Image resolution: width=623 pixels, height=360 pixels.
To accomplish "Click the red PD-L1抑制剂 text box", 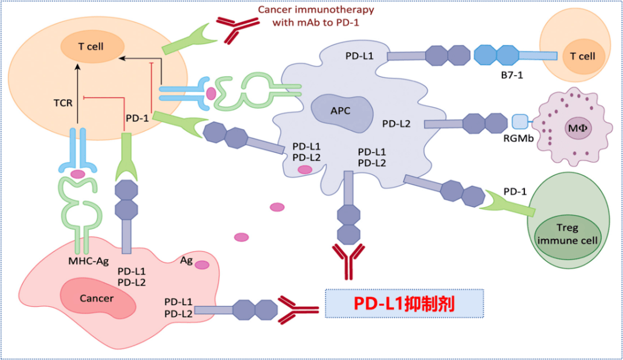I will (404, 303).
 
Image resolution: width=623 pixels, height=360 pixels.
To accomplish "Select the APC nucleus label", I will (340, 111).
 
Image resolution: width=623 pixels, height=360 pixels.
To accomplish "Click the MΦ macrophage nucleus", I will (572, 127).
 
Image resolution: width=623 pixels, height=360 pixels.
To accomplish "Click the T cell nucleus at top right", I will (582, 57).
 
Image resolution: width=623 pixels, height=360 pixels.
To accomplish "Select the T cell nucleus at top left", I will (91, 46).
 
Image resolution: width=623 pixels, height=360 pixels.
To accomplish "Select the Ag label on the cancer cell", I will (186, 261).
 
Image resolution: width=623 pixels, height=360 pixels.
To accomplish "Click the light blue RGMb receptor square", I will (520, 122).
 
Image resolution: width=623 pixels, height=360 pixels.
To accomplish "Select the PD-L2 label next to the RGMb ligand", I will (396, 122).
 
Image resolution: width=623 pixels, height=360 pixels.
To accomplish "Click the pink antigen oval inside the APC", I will (305, 169).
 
